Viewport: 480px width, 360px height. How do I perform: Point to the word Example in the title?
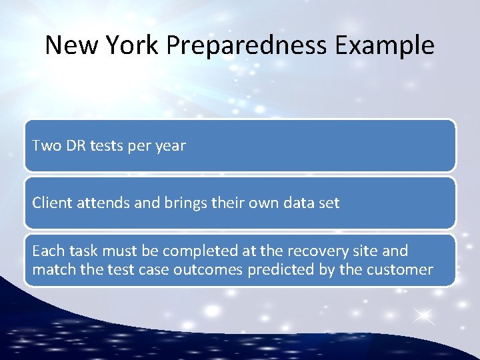[x=385, y=45]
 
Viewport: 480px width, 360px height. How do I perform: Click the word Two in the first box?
[x=46, y=145]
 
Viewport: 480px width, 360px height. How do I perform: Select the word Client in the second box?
[x=51, y=203]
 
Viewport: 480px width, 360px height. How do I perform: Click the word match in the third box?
[x=53, y=269]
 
